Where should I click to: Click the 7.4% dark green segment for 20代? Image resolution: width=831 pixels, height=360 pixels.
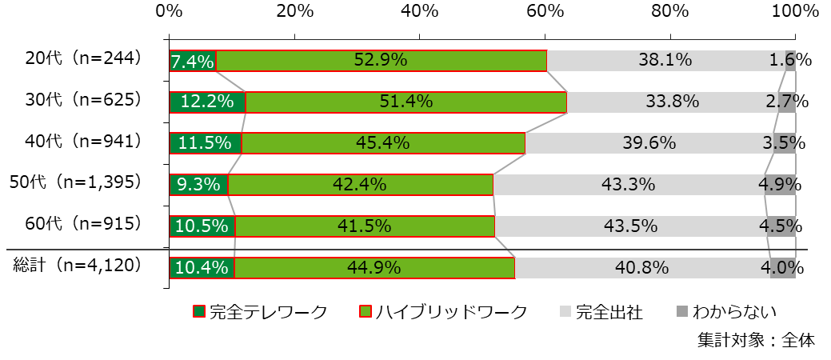pyautogui.click(x=193, y=61)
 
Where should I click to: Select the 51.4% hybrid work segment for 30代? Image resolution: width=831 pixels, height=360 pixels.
pyautogui.click(x=406, y=102)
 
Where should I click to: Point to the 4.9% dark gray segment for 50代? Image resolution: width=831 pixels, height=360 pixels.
pyautogui.click(x=780, y=185)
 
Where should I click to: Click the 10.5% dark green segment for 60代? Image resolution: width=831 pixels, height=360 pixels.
pyautogui.click(x=202, y=226)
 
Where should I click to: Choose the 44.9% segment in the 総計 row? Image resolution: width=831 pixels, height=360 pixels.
pyautogui.click(x=374, y=268)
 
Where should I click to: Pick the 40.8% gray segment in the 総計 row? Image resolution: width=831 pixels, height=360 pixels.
pyautogui.click(x=642, y=268)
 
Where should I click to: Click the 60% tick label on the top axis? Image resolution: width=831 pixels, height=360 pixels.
pyautogui.click(x=545, y=11)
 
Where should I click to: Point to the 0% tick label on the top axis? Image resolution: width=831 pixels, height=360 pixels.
pyautogui.click(x=169, y=11)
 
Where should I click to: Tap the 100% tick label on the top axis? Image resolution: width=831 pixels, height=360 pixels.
pyautogui.click(x=794, y=11)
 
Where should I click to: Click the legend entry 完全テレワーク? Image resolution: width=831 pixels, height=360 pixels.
pyautogui.click(x=261, y=312)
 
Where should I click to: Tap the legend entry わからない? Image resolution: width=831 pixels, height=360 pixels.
pyautogui.click(x=726, y=312)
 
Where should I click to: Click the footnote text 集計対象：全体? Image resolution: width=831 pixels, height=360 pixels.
pyautogui.click(x=755, y=339)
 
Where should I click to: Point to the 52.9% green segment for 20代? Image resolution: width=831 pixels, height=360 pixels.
pyautogui.click(x=382, y=61)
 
